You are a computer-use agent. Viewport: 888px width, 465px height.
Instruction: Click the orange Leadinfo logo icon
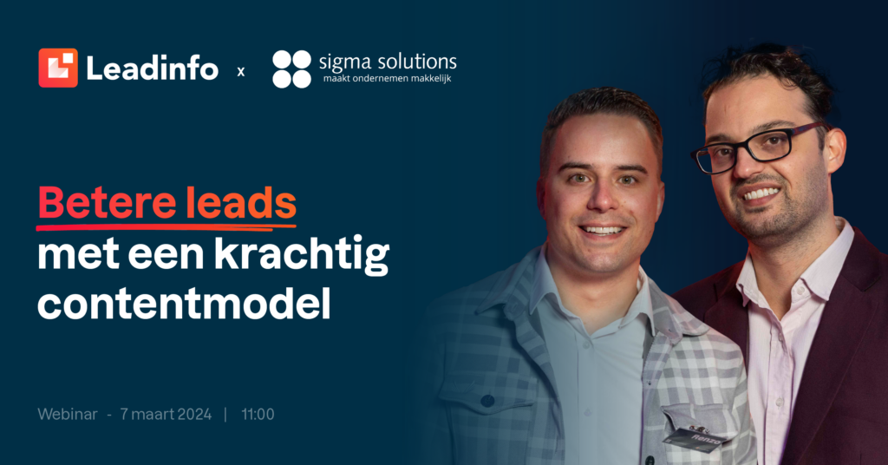point(58,68)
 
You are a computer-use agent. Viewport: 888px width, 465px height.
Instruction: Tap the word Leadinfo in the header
point(152,69)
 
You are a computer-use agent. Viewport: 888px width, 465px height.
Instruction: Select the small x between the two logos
point(241,72)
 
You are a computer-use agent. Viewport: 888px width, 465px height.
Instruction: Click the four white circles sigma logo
point(291,69)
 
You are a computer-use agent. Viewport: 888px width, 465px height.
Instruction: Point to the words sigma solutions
point(388,62)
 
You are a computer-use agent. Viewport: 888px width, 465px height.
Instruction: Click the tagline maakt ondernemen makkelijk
point(388,79)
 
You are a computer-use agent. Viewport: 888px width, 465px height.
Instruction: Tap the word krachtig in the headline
point(302,255)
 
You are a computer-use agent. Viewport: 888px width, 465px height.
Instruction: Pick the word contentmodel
point(184,305)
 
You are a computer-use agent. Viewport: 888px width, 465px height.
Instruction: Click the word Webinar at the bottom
point(68,414)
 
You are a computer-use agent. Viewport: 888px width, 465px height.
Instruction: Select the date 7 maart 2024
point(166,414)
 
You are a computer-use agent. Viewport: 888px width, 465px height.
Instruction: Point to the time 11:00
point(258,414)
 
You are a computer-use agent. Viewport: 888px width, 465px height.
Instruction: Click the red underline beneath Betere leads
point(166,226)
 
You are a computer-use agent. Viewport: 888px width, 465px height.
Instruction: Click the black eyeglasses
point(756,147)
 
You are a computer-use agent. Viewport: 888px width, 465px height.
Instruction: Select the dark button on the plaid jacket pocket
point(487,401)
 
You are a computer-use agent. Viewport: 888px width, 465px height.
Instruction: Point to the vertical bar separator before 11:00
point(225,414)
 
